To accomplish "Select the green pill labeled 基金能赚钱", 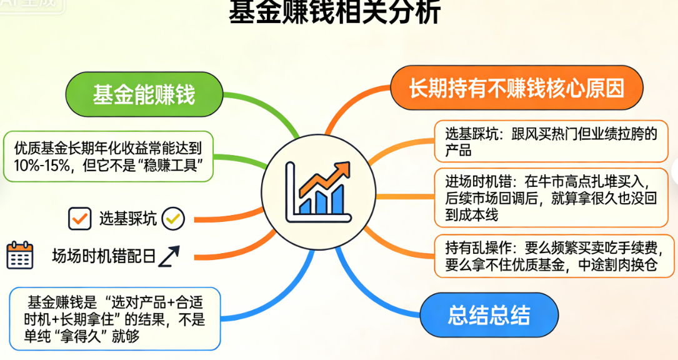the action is [x=144, y=94].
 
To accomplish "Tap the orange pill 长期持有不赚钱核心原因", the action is [x=517, y=88].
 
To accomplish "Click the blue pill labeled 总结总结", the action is [x=489, y=314].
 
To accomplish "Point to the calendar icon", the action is [x=20, y=255].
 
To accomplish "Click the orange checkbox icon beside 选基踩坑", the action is [x=79, y=219].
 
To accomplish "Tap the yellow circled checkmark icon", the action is [x=173, y=219].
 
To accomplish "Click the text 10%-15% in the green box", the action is [x=42, y=165].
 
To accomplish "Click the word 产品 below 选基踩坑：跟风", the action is [x=458, y=151].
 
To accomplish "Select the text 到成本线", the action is [x=472, y=214].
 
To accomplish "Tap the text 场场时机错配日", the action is [x=104, y=256].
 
